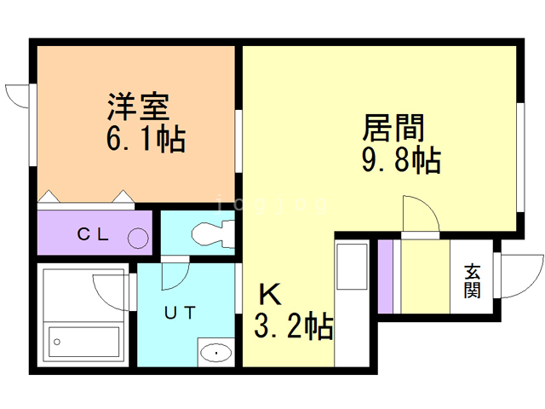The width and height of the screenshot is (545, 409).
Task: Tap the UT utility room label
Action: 181,313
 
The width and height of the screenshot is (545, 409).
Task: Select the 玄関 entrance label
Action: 472,281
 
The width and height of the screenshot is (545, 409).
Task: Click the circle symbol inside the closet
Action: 138,237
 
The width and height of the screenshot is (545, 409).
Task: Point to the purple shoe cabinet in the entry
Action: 385,277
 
